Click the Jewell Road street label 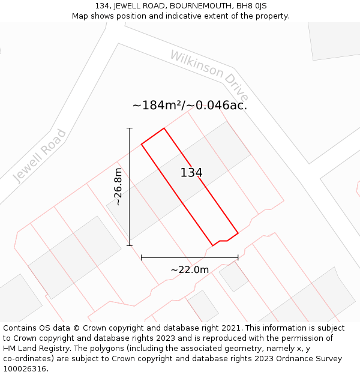(x=40, y=155)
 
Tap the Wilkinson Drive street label (x=209, y=76)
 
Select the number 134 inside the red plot (x=191, y=173)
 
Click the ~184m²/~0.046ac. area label (x=190, y=105)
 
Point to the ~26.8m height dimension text (x=118, y=187)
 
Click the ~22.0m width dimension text (x=190, y=270)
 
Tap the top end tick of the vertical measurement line (x=130, y=128)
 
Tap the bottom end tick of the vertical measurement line (x=130, y=245)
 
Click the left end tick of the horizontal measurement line (x=141, y=257)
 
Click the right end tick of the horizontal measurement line (x=238, y=257)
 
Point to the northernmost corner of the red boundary (x=164, y=128)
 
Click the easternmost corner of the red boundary (x=238, y=233)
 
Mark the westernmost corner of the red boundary (x=142, y=144)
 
